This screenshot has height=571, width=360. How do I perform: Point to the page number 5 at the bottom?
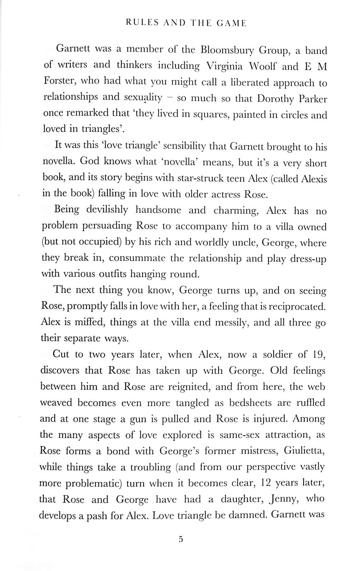click(x=181, y=539)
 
